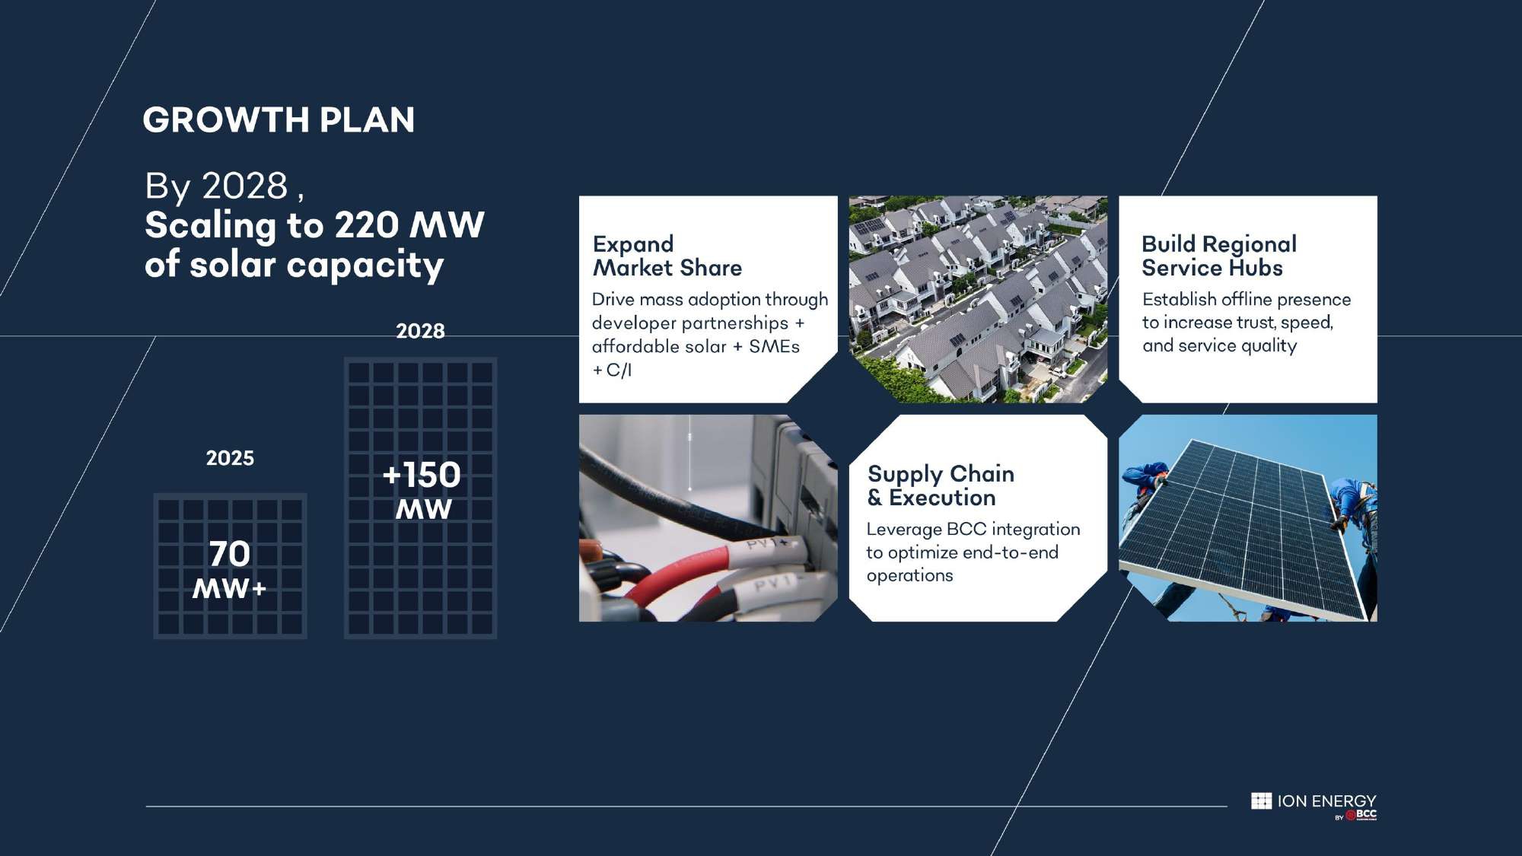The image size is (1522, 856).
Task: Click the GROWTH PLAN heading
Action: tap(279, 120)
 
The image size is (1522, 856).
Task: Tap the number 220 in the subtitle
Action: tap(367, 225)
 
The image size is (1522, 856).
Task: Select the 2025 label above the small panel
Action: tap(230, 458)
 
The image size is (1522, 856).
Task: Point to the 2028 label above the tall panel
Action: tap(420, 331)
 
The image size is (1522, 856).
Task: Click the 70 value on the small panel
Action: tap(230, 554)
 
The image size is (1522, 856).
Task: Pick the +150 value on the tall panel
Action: tap(422, 476)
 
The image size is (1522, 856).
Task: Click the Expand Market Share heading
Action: tap(667, 256)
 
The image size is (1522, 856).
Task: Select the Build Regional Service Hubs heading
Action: tap(1219, 256)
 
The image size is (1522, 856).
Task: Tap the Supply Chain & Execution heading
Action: tap(941, 485)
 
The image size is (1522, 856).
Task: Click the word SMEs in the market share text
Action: tap(774, 347)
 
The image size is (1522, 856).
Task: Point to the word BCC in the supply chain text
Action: tap(966, 530)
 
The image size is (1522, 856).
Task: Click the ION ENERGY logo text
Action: tap(1326, 801)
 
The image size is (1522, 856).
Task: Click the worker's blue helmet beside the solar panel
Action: tap(1156, 466)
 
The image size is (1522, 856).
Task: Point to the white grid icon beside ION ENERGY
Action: tap(1261, 801)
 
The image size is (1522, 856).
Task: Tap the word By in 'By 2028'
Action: tap(167, 186)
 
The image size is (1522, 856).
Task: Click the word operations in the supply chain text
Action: tap(909, 576)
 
